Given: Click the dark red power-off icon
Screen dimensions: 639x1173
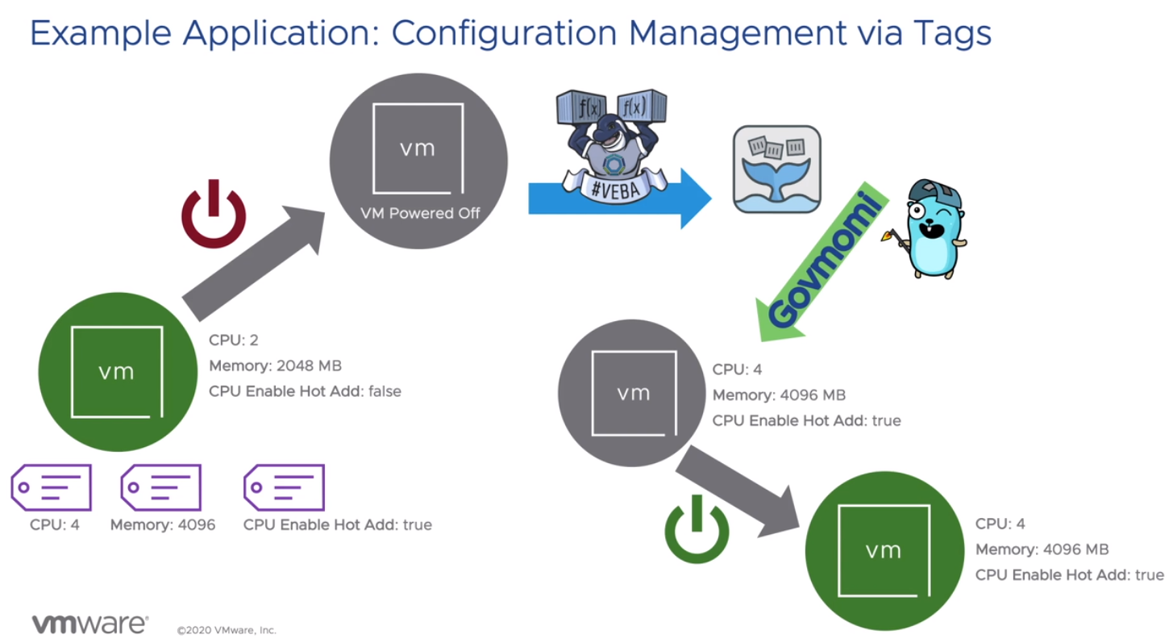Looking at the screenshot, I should pyautogui.click(x=214, y=214).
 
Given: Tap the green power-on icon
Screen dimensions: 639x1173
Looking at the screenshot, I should pyautogui.click(x=697, y=528).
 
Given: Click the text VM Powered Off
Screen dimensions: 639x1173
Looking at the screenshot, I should pyautogui.click(x=418, y=215).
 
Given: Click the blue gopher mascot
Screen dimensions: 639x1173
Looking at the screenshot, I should pyautogui.click(x=933, y=230).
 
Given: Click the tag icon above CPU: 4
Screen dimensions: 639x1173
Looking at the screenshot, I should pyautogui.click(x=52, y=487).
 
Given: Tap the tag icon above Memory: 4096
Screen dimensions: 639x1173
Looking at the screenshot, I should pyautogui.click(x=160, y=487).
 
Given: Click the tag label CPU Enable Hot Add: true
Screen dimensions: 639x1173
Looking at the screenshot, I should pyautogui.click(x=337, y=525).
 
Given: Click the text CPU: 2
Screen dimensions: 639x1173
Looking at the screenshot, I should pyautogui.click(x=233, y=340).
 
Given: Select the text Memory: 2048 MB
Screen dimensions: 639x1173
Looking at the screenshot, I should pyautogui.click(x=275, y=365).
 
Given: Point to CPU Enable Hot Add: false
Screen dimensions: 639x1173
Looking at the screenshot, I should pyautogui.click(x=305, y=391).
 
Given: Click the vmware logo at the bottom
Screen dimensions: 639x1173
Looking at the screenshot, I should pyautogui.click(x=89, y=624).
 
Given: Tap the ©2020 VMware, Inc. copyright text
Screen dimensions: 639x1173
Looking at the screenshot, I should pyautogui.click(x=227, y=629).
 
